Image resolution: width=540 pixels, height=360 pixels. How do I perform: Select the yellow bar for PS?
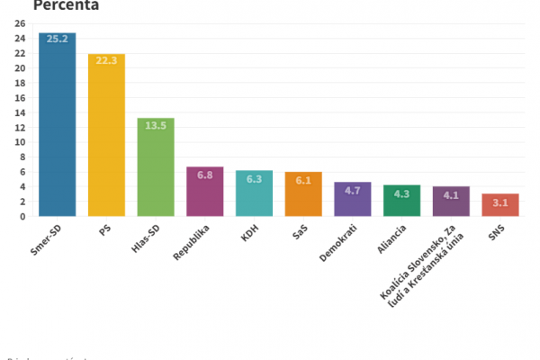click(106, 135)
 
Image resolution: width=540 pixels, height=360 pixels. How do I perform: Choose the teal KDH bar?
click(254, 193)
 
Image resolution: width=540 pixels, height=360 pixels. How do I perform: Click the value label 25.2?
click(58, 40)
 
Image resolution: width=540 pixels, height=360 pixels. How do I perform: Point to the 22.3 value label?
click(106, 61)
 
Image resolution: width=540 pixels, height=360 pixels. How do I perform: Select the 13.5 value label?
click(156, 126)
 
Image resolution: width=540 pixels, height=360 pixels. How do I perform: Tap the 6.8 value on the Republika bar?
click(205, 175)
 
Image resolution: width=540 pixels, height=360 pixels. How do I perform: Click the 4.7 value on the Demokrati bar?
click(353, 190)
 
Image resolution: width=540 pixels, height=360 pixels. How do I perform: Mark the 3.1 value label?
click(500, 202)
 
